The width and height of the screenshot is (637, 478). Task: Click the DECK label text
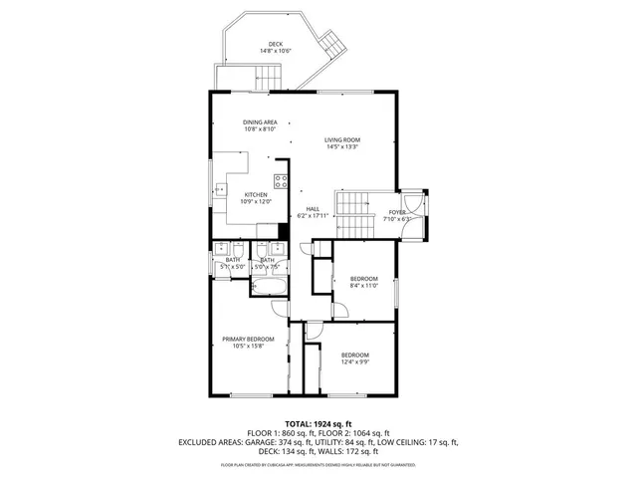(x=275, y=44)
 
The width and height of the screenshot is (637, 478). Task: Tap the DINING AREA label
(x=260, y=121)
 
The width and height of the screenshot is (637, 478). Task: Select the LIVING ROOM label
(x=341, y=139)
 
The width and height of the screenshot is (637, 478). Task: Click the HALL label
(x=313, y=208)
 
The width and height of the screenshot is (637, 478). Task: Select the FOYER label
(x=396, y=213)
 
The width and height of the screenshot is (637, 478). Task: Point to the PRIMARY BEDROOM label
(x=247, y=340)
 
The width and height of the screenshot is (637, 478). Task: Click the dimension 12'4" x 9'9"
(x=355, y=362)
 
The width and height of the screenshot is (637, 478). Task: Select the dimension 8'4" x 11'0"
(x=364, y=285)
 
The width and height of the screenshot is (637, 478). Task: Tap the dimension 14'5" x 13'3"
(x=341, y=146)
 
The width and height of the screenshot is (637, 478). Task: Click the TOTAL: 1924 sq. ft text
(x=318, y=423)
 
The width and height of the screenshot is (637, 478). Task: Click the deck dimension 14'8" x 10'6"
(x=275, y=51)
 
